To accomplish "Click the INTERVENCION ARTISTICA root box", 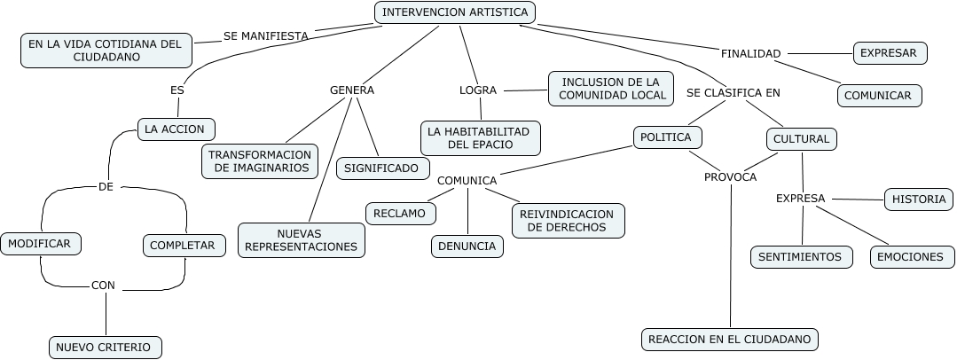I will click(455, 12).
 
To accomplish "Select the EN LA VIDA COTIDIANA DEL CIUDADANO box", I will click(106, 50).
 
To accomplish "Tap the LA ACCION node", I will click(176, 129).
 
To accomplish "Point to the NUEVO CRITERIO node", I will click(104, 347).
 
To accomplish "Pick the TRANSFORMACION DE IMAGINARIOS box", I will click(259, 160).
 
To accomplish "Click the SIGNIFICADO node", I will click(382, 167).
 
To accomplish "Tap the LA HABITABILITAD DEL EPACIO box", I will click(479, 137).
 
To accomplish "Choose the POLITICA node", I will click(667, 137).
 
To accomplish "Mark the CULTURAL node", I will click(801, 139).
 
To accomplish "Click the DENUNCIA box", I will click(467, 246).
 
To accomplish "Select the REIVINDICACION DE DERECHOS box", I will click(568, 221).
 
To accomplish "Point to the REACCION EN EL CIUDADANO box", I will click(729, 340).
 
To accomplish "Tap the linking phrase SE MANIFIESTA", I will click(266, 36).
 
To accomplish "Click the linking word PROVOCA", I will click(730, 177).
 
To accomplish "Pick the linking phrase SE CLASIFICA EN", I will click(733, 92).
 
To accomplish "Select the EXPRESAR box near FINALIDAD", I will click(889, 53).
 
